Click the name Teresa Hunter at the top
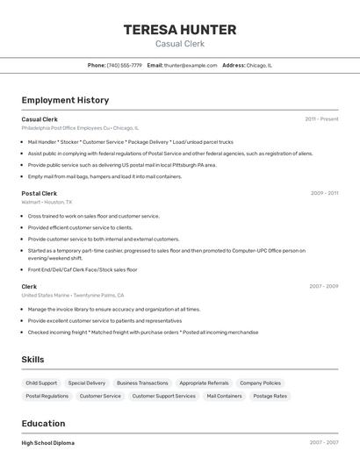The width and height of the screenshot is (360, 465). [x=180, y=29]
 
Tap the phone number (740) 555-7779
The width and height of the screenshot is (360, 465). [x=125, y=65]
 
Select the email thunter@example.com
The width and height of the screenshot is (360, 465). [x=191, y=65]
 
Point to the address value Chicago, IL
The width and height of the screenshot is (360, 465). [x=259, y=65]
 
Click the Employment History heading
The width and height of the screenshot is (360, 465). [x=65, y=100]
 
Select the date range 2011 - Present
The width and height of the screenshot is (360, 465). [x=321, y=118]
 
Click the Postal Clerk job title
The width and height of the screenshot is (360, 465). [x=39, y=193]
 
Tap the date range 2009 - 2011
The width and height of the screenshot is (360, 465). [x=324, y=193]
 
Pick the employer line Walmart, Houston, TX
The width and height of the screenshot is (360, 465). [x=47, y=202]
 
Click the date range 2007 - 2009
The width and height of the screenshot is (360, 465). [x=323, y=286]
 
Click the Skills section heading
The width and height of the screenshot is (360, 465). [x=32, y=360]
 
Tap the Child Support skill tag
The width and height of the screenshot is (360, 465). [x=41, y=383]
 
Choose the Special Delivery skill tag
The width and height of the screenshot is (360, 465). [x=86, y=383]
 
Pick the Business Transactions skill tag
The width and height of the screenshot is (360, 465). [x=142, y=383]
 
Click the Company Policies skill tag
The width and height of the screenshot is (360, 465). [x=261, y=383]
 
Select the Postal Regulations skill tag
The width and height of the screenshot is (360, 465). [x=47, y=396]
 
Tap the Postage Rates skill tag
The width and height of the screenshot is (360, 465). [x=270, y=396]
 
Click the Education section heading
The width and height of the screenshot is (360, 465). [x=43, y=423]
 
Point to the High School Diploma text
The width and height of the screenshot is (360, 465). [x=48, y=443]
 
